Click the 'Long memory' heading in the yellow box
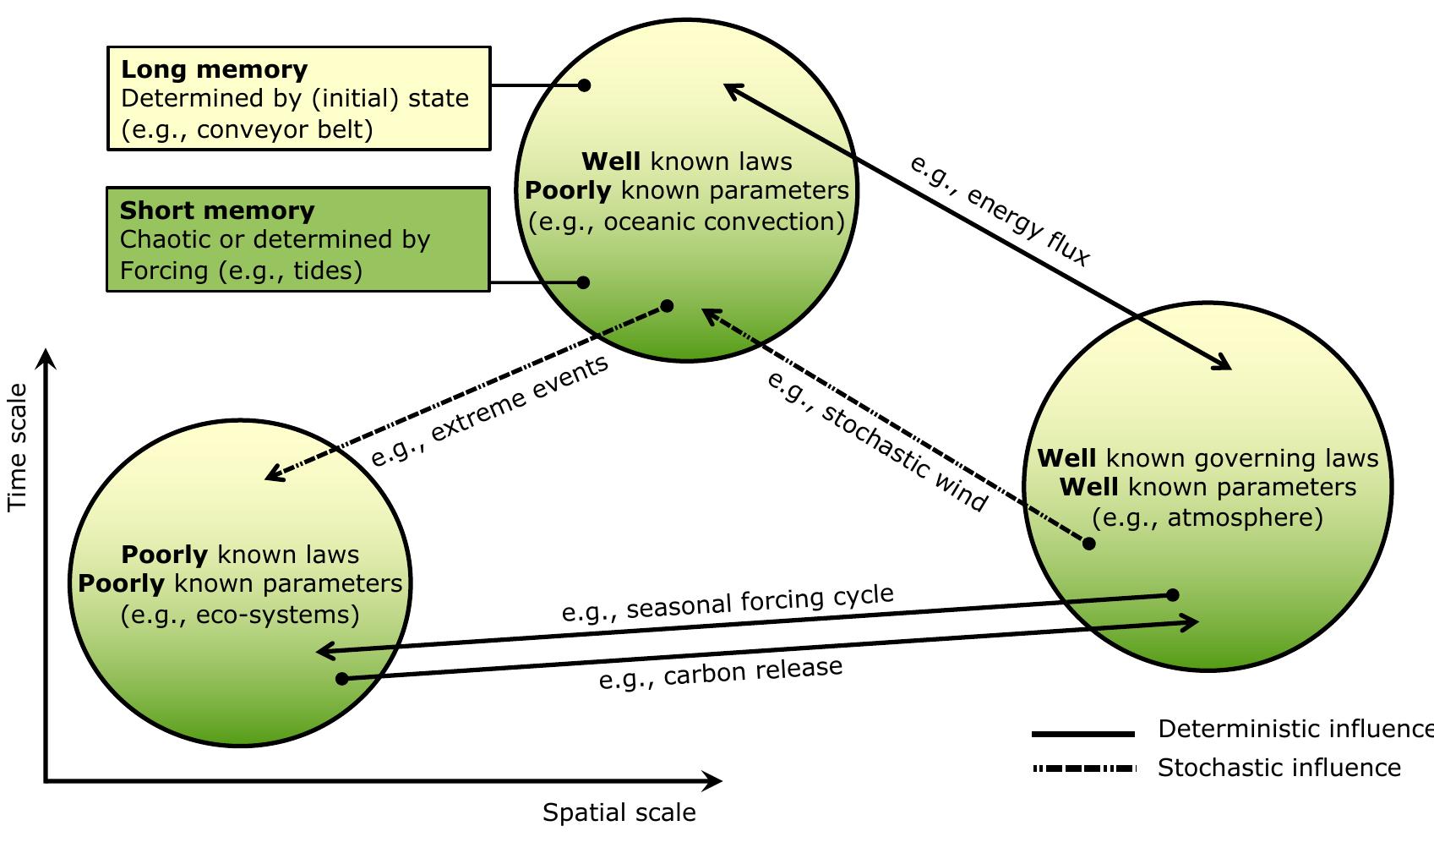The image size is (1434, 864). (x=214, y=69)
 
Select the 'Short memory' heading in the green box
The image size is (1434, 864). (x=217, y=211)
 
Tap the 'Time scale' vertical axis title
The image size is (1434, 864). (x=18, y=447)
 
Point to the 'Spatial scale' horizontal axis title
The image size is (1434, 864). (x=619, y=813)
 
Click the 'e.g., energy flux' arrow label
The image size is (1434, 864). (x=999, y=211)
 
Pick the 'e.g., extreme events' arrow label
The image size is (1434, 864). (x=489, y=411)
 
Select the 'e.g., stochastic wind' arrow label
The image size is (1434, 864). (x=876, y=440)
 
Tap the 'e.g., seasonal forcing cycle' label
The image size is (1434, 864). (x=728, y=602)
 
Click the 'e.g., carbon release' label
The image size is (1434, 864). (x=721, y=672)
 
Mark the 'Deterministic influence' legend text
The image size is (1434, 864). (x=1293, y=729)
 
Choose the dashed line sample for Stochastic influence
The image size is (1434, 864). (x=1083, y=768)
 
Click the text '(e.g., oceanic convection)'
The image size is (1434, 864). (x=686, y=221)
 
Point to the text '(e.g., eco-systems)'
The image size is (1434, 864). (x=240, y=615)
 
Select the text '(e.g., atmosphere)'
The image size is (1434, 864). (x=1207, y=517)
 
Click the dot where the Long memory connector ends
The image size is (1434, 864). (x=584, y=85)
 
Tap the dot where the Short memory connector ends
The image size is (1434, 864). (x=583, y=282)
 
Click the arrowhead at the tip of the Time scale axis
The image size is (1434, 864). (x=48, y=358)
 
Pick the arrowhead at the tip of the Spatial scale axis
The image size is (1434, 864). (x=712, y=781)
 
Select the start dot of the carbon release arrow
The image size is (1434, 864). (x=342, y=679)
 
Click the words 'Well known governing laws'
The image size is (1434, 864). (x=1207, y=458)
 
